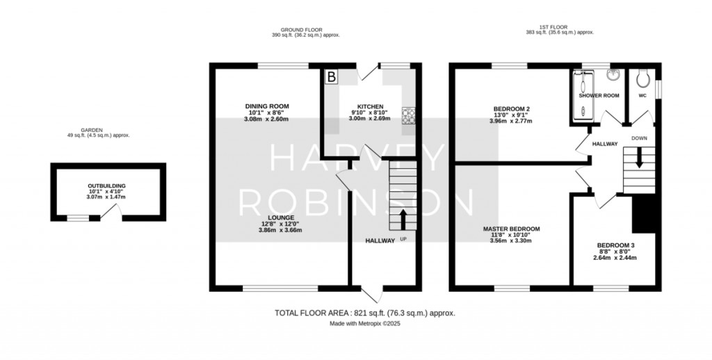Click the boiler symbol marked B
[x=332, y=76]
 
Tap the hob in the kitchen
[x=408, y=115]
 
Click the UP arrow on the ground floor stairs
[x=403, y=220]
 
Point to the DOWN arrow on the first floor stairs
[x=639, y=158]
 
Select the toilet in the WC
[x=643, y=78]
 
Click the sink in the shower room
[x=613, y=74]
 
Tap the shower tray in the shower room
[x=582, y=95]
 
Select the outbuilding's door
[x=111, y=212]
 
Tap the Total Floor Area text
[x=364, y=313]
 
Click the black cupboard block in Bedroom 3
[x=644, y=213]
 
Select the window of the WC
[x=658, y=89]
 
